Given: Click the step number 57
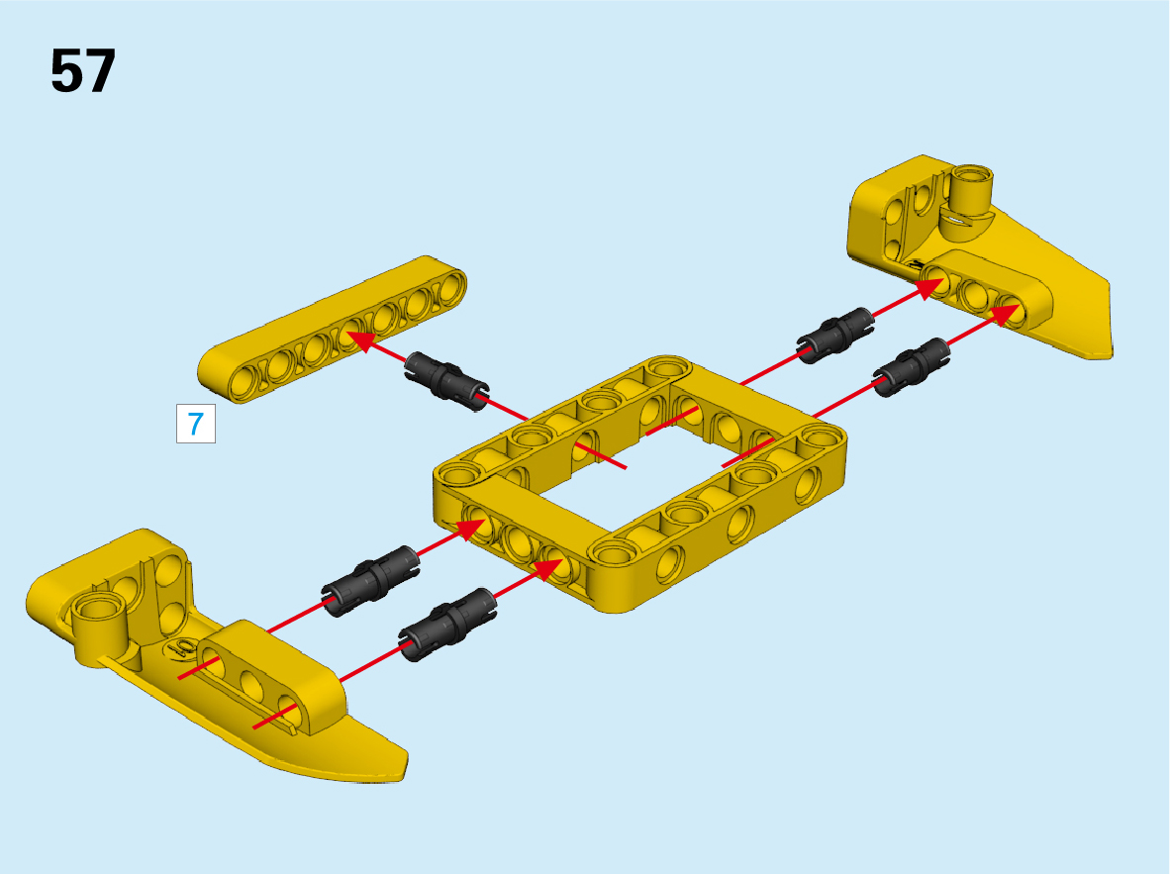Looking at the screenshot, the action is [x=83, y=71].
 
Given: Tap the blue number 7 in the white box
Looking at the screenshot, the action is [x=196, y=424].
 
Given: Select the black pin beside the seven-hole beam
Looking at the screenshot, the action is [x=447, y=380].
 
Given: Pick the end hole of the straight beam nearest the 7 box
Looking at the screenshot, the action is [x=244, y=383].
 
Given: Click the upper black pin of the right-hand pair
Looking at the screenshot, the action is [x=835, y=335].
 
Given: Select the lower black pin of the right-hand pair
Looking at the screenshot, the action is [x=911, y=367].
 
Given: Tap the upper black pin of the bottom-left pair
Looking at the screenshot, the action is [x=370, y=580].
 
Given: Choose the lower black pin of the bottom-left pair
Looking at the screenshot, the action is [x=447, y=624].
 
